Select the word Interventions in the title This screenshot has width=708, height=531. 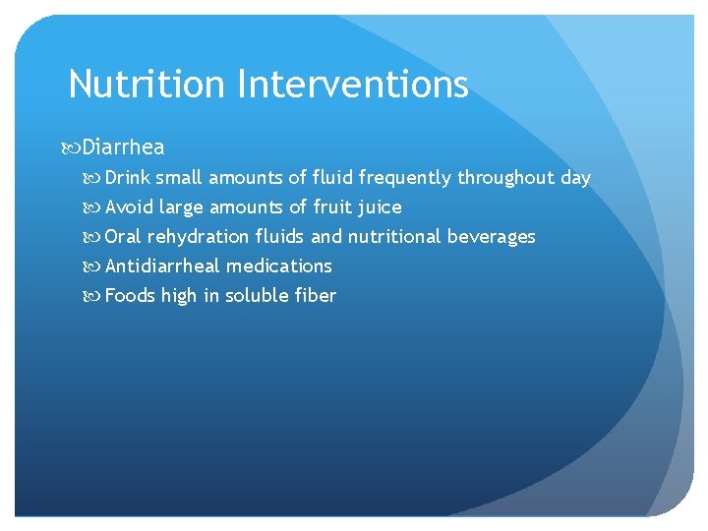tap(352, 85)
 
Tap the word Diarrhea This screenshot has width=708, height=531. tap(124, 147)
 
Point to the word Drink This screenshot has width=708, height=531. tap(128, 178)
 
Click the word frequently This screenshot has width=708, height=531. tap(405, 178)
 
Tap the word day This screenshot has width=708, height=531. tap(575, 178)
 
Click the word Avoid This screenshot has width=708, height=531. tap(129, 207)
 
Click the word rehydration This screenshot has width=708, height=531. tap(198, 237)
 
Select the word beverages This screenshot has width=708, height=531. tap(492, 237)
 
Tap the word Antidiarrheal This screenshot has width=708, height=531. tap(163, 266)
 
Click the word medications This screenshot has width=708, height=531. tap(279, 266)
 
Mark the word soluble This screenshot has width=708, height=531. tap(258, 296)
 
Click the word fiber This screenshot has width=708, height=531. tap(316, 296)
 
